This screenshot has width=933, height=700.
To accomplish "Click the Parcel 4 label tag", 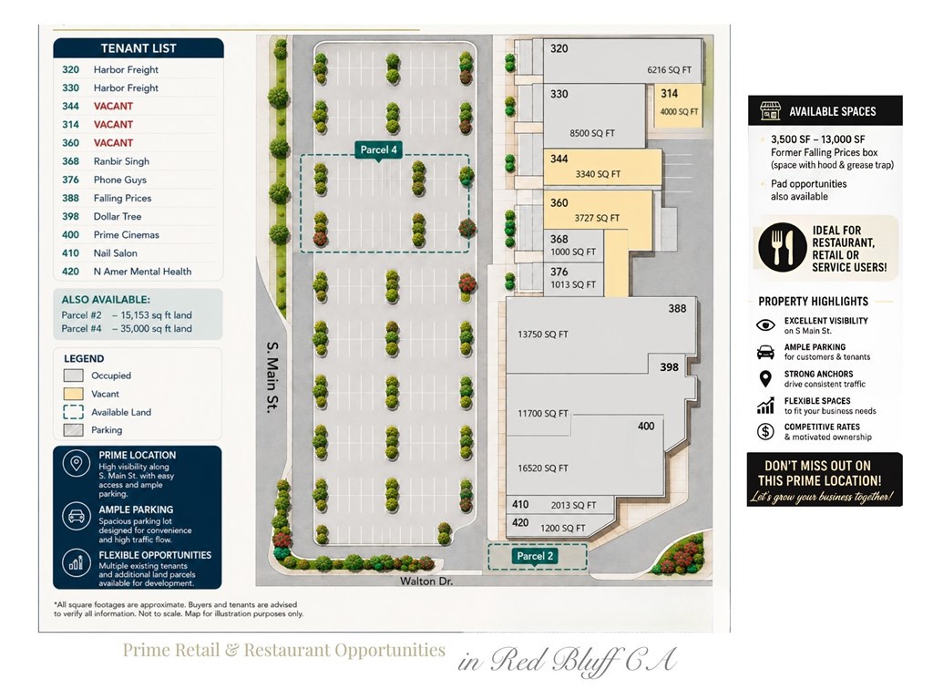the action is [x=378, y=150].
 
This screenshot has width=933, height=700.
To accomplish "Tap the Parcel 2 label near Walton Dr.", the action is [x=535, y=556].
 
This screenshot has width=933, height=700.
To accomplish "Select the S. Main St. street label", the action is [x=272, y=376].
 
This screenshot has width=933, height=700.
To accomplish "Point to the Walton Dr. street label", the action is [x=426, y=581].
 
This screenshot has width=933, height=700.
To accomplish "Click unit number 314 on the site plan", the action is [x=670, y=94].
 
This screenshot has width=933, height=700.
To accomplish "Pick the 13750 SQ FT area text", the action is [x=543, y=335].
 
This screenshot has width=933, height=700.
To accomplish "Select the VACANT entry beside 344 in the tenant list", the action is [x=113, y=107].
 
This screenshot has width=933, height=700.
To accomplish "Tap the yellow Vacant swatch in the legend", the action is [x=73, y=394].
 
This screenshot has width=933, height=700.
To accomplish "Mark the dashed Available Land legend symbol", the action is [x=73, y=412].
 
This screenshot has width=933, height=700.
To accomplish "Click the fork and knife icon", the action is [x=783, y=248].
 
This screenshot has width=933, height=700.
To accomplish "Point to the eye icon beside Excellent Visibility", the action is [x=765, y=325].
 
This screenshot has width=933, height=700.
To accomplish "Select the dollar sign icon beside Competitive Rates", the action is [x=765, y=431].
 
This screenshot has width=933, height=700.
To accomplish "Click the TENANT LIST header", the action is [x=138, y=48].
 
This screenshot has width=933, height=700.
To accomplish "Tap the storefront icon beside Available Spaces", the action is [x=770, y=110].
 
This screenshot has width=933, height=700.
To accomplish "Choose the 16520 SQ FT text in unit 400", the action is [x=543, y=468].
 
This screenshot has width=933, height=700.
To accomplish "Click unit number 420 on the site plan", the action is [x=520, y=522].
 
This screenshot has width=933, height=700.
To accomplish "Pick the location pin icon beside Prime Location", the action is [x=77, y=464].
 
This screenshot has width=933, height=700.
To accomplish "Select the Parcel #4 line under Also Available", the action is [x=127, y=328].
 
